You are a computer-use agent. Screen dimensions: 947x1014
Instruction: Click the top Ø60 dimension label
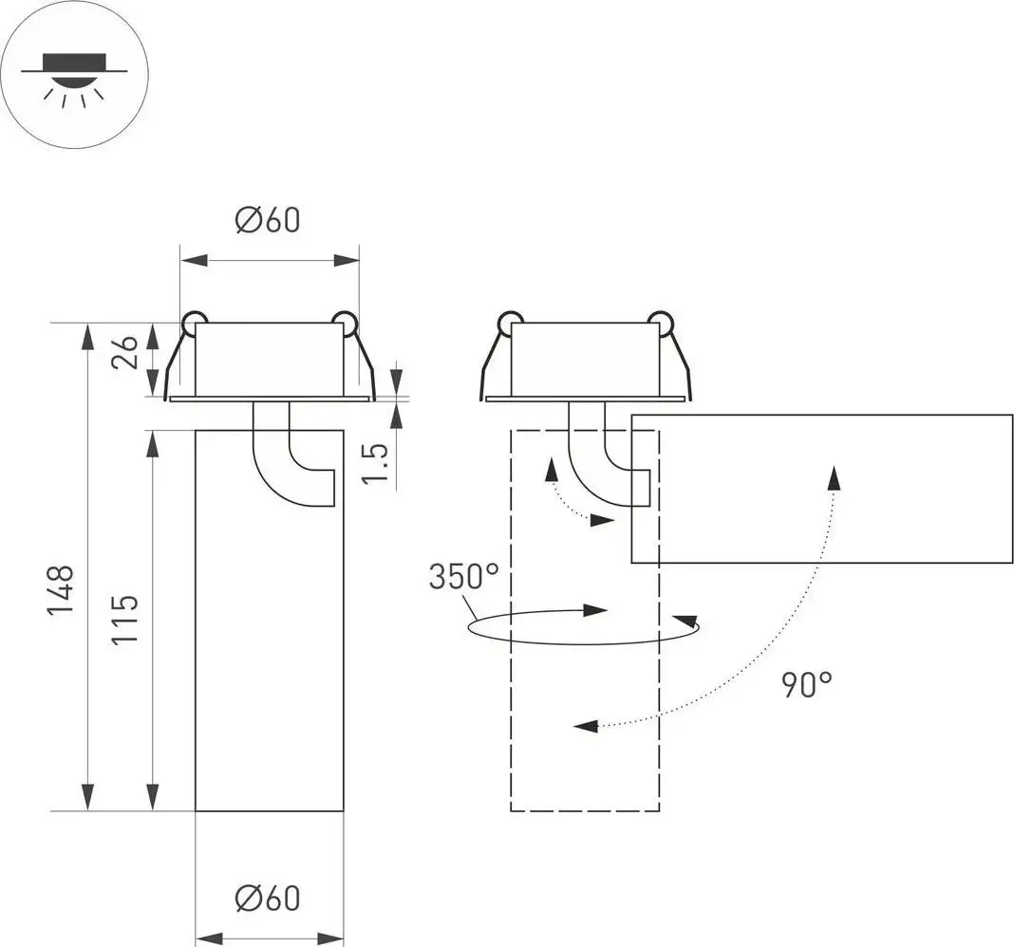pyautogui.click(x=268, y=220)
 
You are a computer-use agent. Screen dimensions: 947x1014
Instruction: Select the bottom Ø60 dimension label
pyautogui.click(x=268, y=897)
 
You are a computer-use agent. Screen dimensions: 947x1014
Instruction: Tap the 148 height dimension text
pyautogui.click(x=62, y=590)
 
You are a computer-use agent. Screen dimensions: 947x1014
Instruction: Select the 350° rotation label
pyautogui.click(x=462, y=577)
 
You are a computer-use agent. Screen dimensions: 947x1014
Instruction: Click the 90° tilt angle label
pyautogui.click(x=807, y=683)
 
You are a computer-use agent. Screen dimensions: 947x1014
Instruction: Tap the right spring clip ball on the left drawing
pyautogui.click(x=345, y=322)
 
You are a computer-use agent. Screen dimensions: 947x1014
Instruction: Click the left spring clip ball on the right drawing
pyautogui.click(x=508, y=322)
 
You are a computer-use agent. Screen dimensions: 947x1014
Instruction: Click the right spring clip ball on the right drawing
pyautogui.click(x=660, y=322)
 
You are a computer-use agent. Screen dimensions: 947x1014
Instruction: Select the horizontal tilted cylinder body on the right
pyautogui.click(x=822, y=489)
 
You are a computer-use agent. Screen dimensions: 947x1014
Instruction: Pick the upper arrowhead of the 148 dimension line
pyautogui.click(x=87, y=334)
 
